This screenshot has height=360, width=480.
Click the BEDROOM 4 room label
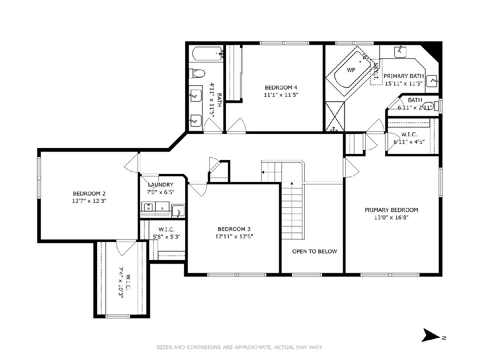[281, 88]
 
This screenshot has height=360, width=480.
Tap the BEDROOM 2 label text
[89, 194]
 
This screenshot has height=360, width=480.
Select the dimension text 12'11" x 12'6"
[234, 236]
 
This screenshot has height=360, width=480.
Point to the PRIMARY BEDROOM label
[391, 210]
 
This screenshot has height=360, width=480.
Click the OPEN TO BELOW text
[314, 251]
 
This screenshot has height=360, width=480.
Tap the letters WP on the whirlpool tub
[351, 70]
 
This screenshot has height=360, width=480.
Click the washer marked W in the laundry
[148, 207]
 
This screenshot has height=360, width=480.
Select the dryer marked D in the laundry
[162, 207]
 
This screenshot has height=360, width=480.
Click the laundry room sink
[178, 211]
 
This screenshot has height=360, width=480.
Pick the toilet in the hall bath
[197, 74]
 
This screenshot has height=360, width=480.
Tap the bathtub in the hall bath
[207, 54]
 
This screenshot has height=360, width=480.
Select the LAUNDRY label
[160, 185]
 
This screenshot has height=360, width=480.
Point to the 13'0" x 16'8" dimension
[391, 218]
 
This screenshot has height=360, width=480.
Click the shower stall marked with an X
[335, 116]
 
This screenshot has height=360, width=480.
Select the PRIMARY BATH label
[404, 76]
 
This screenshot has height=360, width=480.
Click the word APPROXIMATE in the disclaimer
[252, 347]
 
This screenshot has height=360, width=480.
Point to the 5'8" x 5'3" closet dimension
[167, 237]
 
